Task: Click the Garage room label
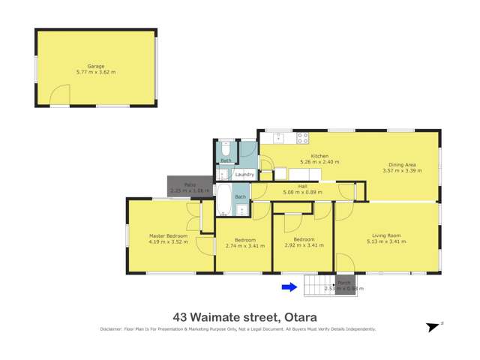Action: pyautogui.click(x=95, y=66)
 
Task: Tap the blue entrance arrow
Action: pyautogui.click(x=289, y=286)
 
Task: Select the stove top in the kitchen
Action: pyautogui.click(x=302, y=138)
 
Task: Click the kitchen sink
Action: pyautogui.click(x=278, y=137)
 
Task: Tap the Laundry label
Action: pyautogui.click(x=244, y=175)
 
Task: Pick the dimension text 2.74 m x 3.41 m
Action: pyautogui.click(x=245, y=245)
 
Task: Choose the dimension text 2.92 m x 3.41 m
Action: pyautogui.click(x=304, y=245)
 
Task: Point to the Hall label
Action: pyautogui.click(x=303, y=187)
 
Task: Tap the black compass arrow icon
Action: pyautogui.click(x=432, y=327)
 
